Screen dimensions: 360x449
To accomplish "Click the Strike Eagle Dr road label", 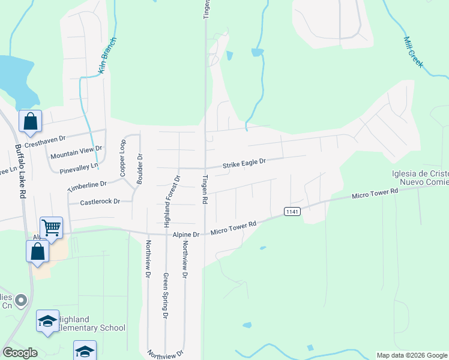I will click(244, 163).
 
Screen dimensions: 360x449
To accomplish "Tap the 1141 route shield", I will click(292, 211).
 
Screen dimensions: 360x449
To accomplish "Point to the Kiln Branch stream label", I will click(107, 56).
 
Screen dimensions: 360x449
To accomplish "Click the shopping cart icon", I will click(52, 227).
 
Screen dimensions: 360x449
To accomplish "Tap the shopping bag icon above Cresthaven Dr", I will click(30, 121).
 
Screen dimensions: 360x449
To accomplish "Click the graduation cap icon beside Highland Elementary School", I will click(47, 321).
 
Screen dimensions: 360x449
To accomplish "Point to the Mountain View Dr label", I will click(76, 152).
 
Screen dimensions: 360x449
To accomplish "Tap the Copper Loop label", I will click(123, 158).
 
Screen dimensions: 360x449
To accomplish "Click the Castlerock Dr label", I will click(100, 202).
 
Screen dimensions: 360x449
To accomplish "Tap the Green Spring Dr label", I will click(165, 295).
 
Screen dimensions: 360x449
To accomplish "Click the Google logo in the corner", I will click(20, 352).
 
